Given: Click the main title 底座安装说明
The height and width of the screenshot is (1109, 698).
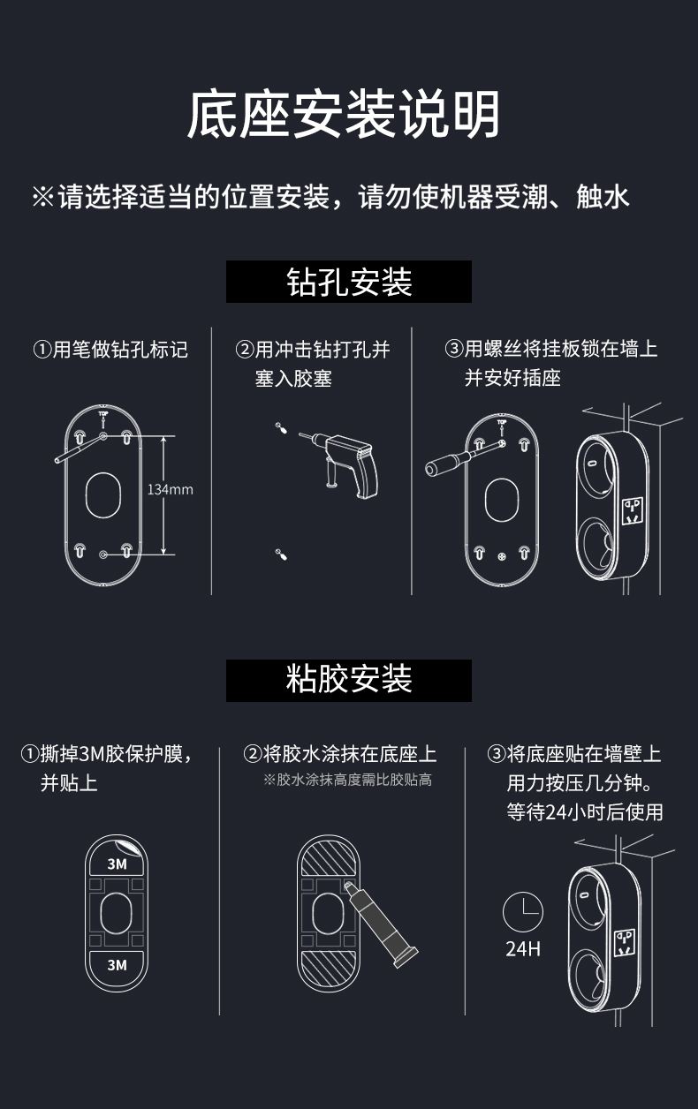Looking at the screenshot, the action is tap(344, 115).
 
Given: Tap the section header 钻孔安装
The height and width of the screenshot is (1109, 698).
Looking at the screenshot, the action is tap(349, 282).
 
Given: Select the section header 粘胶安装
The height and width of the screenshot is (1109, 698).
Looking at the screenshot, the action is tap(349, 679).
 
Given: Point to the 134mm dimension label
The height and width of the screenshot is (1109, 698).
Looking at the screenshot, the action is tap(170, 490).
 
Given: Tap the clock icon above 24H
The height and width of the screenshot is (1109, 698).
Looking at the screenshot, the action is tap(523, 912).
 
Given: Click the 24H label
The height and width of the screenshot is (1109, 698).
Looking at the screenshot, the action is tap(523, 949).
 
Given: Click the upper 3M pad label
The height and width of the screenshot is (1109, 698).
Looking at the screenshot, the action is tap(117, 864).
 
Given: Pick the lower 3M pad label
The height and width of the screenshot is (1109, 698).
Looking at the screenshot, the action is tap(117, 965).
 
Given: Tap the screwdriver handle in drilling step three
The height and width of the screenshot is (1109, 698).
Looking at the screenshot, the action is tap(437, 466).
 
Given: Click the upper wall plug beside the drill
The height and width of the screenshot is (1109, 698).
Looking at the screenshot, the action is tap(281, 427).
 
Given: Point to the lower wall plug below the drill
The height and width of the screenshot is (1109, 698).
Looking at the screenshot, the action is tap(281, 554).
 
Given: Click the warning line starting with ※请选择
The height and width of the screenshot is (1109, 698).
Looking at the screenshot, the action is tap(330, 197).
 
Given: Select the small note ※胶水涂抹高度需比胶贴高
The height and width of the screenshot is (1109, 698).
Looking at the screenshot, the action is tap(347, 780).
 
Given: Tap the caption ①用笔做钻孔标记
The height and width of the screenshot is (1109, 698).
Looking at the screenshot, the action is tap(110, 350).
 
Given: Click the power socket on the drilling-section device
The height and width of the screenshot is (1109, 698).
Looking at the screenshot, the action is tap(633, 511).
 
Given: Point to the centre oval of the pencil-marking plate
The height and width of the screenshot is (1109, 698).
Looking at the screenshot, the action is tap(103, 495).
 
